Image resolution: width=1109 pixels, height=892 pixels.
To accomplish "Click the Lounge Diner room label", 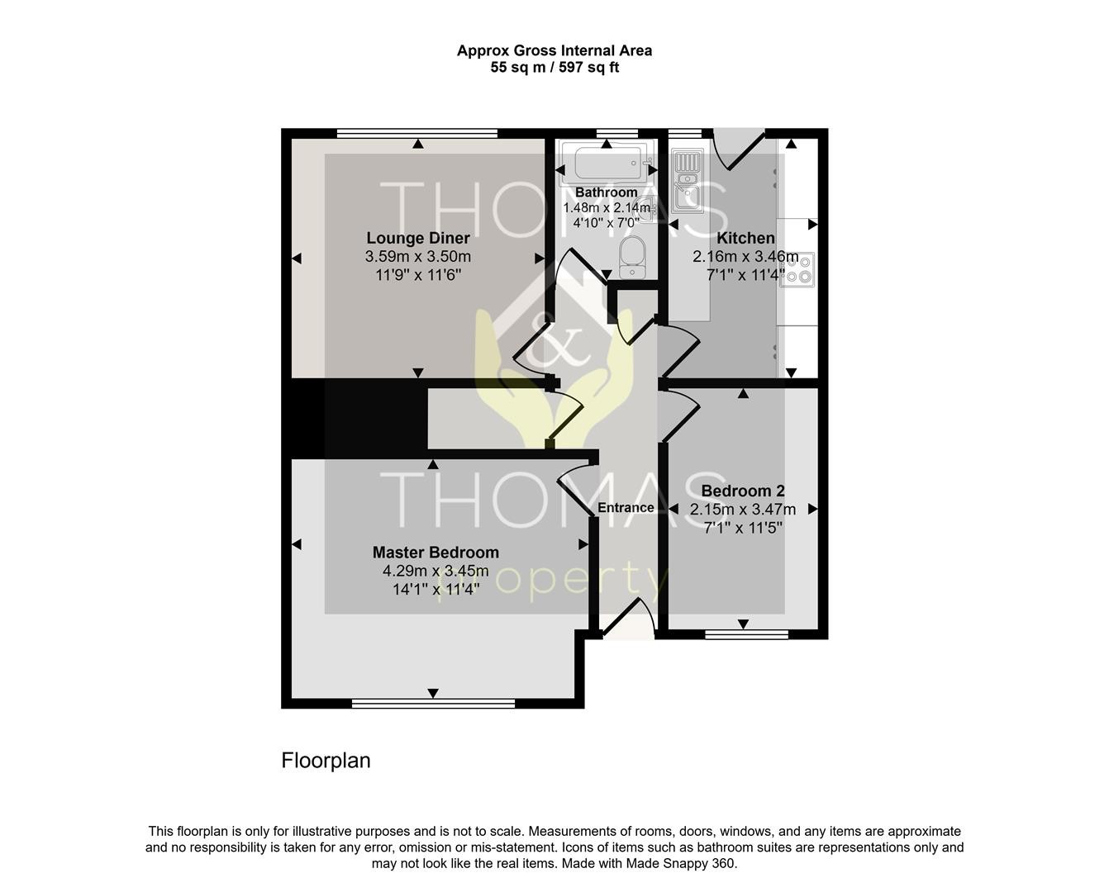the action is [418, 238].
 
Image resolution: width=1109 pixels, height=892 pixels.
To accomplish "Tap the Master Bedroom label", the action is [436, 552].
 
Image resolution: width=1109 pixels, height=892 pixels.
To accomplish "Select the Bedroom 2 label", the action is [743, 491].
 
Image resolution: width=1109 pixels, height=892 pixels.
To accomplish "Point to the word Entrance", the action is [626, 507].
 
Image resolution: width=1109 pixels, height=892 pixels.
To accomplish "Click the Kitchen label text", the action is [745, 238].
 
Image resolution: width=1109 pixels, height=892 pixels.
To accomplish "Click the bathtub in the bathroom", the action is [607, 163].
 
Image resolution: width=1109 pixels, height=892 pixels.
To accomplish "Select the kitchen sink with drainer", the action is [688, 180].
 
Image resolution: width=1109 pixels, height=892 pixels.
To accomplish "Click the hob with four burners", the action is [797, 269].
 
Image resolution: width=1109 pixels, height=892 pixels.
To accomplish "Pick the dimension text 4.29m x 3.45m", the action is [436, 571].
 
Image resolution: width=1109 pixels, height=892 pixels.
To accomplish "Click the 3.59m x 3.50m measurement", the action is [418, 257].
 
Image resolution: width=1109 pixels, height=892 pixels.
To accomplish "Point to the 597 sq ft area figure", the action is [589, 68].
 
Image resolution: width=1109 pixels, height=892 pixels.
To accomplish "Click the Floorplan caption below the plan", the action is [326, 760].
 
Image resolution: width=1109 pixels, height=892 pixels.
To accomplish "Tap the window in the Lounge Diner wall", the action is [417, 134].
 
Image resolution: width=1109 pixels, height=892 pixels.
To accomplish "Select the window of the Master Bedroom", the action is [433, 704].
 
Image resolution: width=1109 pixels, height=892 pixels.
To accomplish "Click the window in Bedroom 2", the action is [747, 634].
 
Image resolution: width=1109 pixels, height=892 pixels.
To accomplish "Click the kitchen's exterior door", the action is [738, 149].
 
